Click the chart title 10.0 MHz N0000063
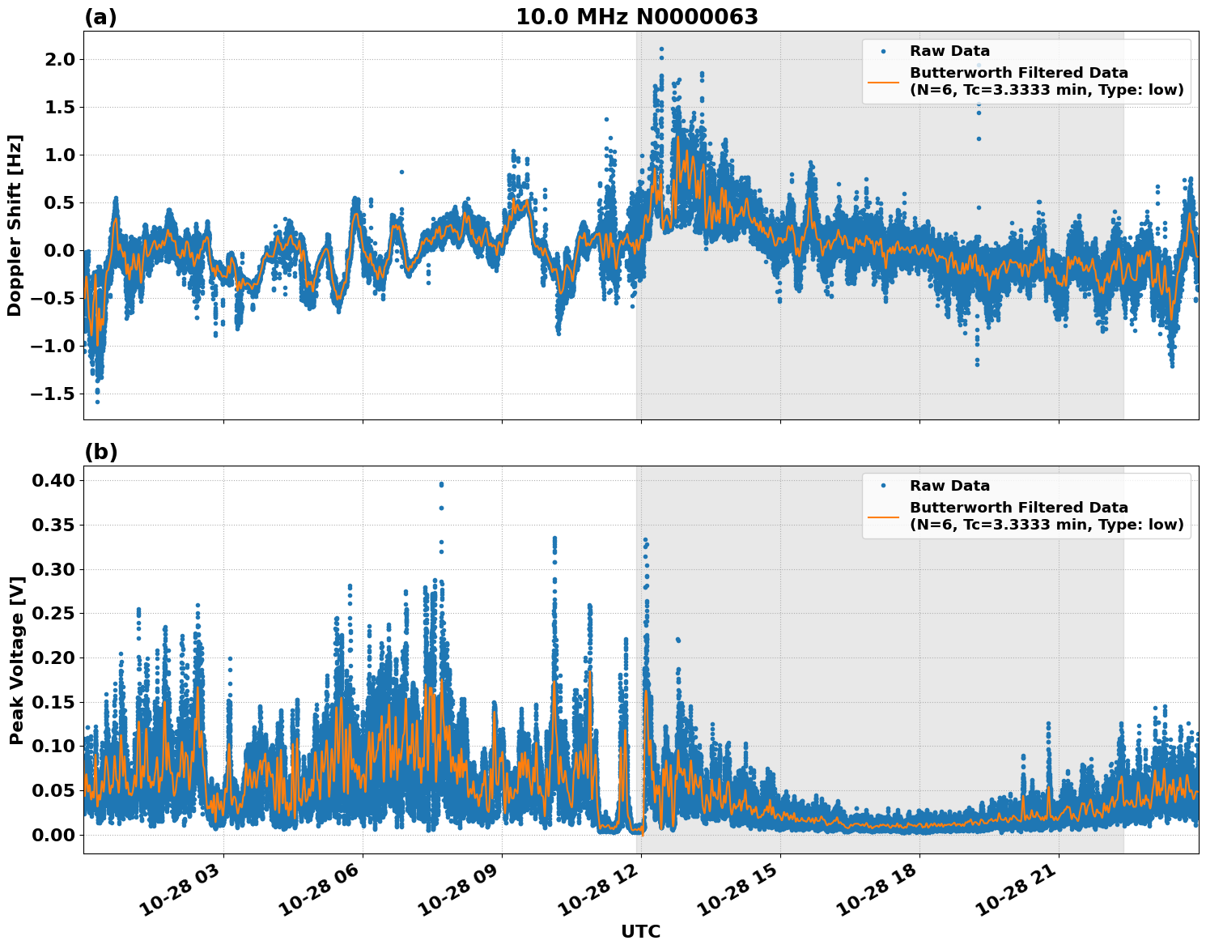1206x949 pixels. point(637,17)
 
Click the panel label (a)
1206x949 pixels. point(100,17)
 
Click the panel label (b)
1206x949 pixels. point(101,452)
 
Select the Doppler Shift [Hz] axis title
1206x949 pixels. point(15,225)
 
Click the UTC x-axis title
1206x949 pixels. point(640,931)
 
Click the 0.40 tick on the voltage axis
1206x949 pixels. point(53,481)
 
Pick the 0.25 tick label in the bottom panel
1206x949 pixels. point(53,614)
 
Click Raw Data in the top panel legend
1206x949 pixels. point(949,51)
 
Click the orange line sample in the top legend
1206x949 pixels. point(883,82)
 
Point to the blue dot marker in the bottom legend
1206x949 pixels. point(883,486)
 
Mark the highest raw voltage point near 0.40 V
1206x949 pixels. point(441,484)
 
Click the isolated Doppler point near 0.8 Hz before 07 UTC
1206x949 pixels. point(401,172)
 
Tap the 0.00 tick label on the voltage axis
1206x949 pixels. point(53,835)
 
